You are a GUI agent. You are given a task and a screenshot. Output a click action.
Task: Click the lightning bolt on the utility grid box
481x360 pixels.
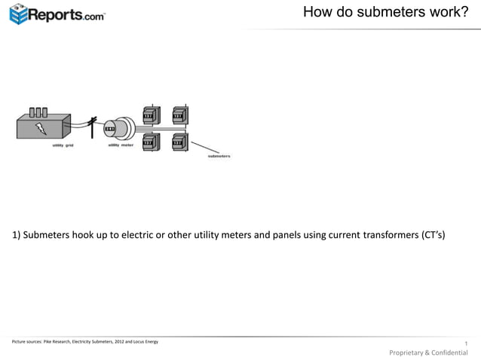click(38, 129)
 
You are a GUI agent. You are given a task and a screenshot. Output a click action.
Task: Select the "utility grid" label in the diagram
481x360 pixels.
click(63, 145)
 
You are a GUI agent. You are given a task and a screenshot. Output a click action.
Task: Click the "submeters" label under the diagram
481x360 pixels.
click(219, 156)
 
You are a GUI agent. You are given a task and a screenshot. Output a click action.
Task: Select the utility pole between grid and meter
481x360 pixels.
click(93, 126)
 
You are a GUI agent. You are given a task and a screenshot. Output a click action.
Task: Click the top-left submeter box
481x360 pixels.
click(151, 114)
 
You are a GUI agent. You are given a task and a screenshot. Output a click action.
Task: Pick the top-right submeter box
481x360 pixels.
click(179, 114)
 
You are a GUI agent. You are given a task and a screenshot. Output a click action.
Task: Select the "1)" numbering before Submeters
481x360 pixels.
click(17, 235)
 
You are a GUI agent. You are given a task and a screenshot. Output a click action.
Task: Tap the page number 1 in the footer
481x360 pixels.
click(467, 345)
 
